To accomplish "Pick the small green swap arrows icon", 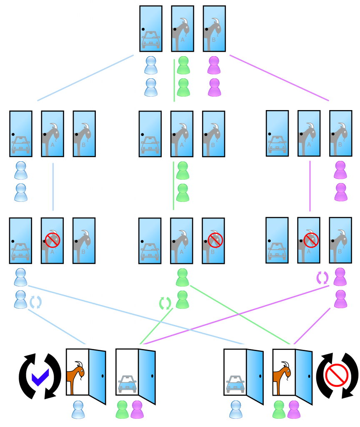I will [x=165, y=301].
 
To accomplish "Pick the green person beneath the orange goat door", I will [x=279, y=409].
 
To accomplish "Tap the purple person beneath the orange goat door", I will [x=293, y=409].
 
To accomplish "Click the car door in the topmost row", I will [x=151, y=28].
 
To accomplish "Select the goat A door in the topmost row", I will [x=182, y=28].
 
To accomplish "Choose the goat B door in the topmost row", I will [x=214, y=28].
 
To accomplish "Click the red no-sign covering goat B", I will [x=215, y=240].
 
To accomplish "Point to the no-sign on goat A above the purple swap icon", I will [x=310, y=240].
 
